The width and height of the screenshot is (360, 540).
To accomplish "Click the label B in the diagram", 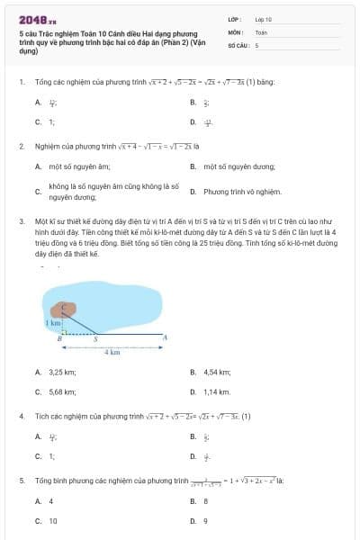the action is point(60,339).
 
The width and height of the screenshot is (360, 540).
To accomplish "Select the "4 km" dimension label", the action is point(112,352).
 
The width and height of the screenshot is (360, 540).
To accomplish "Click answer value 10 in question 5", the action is point(52,521).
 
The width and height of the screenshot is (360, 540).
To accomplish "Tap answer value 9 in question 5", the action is point(205,521).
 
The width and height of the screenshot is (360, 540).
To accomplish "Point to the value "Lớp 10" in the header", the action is point(263,19).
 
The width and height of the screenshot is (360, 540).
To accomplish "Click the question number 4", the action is point(21,417).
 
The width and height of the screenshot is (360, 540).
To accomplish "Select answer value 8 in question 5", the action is point(205,501).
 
